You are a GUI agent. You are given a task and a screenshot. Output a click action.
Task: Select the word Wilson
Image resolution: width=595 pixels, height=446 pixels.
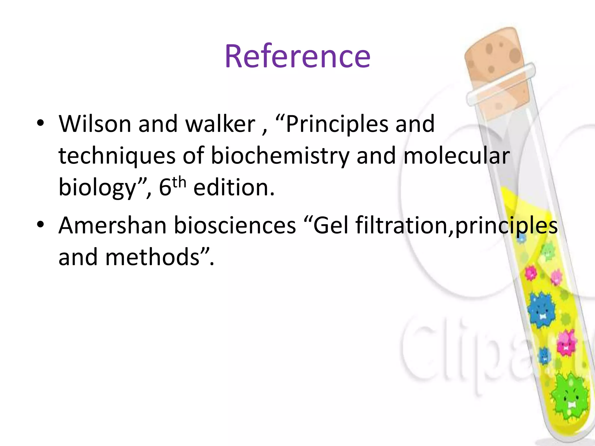coord(95,124)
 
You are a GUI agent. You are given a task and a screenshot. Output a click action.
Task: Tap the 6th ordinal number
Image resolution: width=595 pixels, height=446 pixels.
coord(172,187)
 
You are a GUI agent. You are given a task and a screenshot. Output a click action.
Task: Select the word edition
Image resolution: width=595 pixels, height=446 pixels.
coord(234,188)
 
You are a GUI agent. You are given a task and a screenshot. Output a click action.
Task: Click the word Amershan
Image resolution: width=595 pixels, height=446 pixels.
coord(112,225)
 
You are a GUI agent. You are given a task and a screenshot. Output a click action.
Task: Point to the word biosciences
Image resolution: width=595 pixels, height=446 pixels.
coord(235,225)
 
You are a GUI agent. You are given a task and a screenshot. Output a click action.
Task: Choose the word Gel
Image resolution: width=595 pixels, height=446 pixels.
coord(331,225)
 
